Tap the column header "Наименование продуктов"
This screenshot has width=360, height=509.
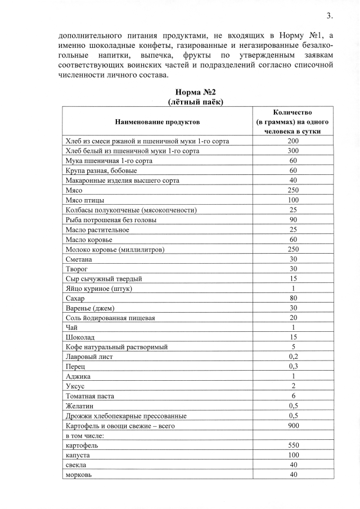coord(157,121)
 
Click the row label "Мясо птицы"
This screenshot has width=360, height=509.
coord(85,200)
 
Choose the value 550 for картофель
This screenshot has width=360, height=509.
coord(293,444)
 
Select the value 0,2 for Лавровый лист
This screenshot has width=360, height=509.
coord(293,357)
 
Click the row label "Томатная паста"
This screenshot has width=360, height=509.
coord(90,396)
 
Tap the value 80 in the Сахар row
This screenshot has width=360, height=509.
coord(293,298)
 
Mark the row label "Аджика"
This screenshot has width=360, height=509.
coord(78,376)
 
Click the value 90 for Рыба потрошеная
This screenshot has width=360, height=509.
coord(293,220)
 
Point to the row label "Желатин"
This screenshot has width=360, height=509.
coord(80,406)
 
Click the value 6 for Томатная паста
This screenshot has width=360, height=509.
coord(293,396)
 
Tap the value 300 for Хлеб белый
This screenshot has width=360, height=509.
coord(293,151)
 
